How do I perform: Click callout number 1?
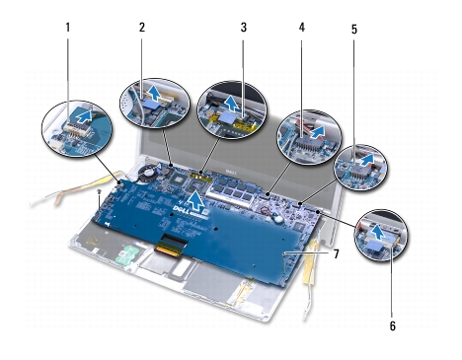(68, 28)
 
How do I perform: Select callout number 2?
(142, 28)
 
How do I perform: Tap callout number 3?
(244, 28)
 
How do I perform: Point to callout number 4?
(302, 28)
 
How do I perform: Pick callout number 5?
(354, 30)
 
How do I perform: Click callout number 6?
(393, 326)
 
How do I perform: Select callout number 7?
(336, 253)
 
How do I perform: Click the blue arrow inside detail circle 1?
(83, 116)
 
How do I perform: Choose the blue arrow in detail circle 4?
(318, 132)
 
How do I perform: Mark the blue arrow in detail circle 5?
(367, 160)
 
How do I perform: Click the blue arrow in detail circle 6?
(377, 233)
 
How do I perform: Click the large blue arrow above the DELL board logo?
(196, 201)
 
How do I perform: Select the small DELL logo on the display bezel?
(230, 172)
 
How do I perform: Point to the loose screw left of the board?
(99, 191)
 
